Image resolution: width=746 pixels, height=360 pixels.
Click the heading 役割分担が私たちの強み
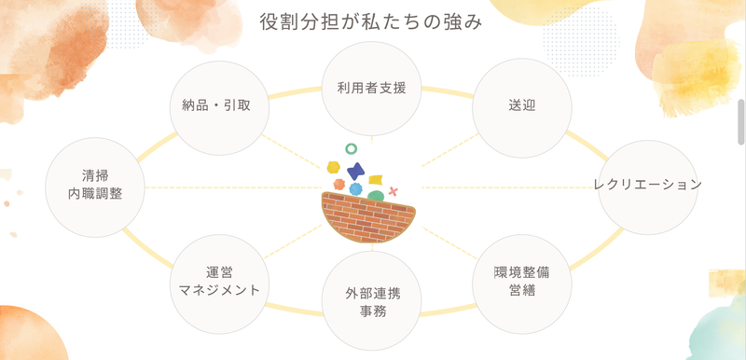(x=371, y=22)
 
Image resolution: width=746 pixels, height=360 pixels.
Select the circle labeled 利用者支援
(x=371, y=89)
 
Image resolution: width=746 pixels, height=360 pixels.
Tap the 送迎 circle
(x=522, y=107)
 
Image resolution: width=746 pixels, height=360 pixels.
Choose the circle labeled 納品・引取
(x=219, y=108)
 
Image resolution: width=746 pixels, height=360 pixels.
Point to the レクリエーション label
(x=648, y=185)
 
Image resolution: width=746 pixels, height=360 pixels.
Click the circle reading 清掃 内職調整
(x=95, y=187)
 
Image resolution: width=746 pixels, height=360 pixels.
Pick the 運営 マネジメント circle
(x=219, y=284)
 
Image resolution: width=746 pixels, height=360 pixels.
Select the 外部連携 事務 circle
(x=371, y=300)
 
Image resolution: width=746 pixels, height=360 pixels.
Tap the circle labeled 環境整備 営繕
(x=522, y=284)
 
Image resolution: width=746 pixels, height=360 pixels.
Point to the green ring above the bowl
(x=352, y=149)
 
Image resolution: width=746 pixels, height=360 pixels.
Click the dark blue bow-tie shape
(x=356, y=172)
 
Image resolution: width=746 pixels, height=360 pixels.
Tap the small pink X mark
(x=393, y=191)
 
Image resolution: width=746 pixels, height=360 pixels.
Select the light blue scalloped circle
(x=355, y=188)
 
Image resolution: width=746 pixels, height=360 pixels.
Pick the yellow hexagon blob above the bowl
(x=334, y=167)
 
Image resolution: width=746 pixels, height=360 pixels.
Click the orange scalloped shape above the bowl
(x=339, y=184)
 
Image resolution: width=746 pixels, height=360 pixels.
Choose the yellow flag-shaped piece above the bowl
(x=376, y=180)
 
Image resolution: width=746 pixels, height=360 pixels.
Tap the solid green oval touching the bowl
(x=376, y=196)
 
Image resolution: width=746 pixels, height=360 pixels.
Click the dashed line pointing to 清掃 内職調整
(x=233, y=187)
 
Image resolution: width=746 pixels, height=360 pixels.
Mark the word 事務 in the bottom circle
(x=373, y=312)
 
